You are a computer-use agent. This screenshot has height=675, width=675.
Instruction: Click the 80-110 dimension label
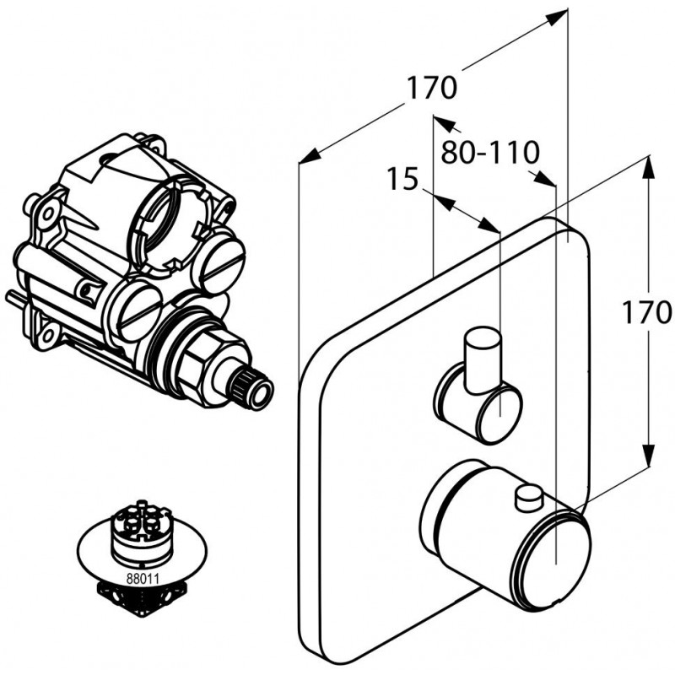490,153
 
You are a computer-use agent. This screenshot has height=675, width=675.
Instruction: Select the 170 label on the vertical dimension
650,312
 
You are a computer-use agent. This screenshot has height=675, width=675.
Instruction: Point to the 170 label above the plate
431,87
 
